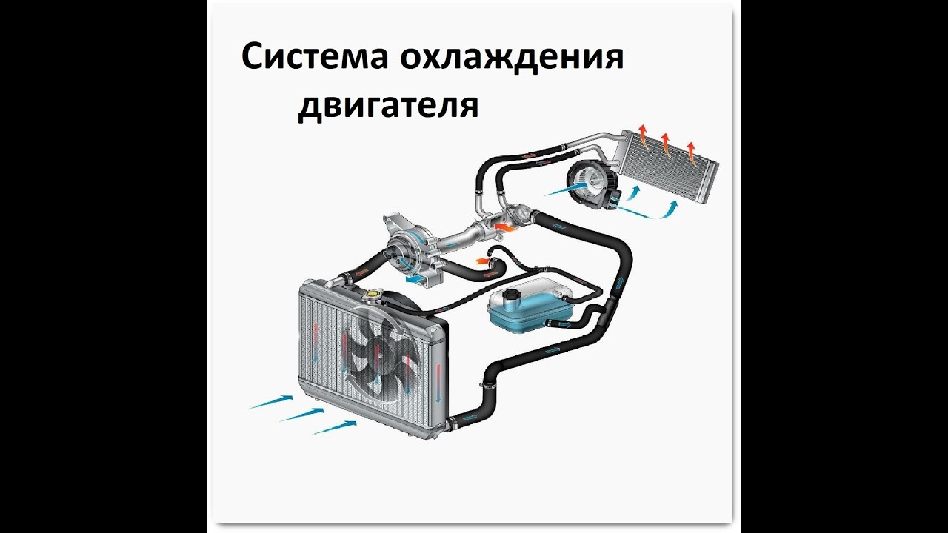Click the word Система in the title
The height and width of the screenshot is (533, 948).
point(315,58)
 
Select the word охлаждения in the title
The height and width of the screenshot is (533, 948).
point(513,58)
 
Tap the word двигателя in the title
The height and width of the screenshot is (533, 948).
point(388,105)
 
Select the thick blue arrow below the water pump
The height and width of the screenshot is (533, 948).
point(417,278)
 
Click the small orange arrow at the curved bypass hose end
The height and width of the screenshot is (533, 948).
point(483,260)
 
